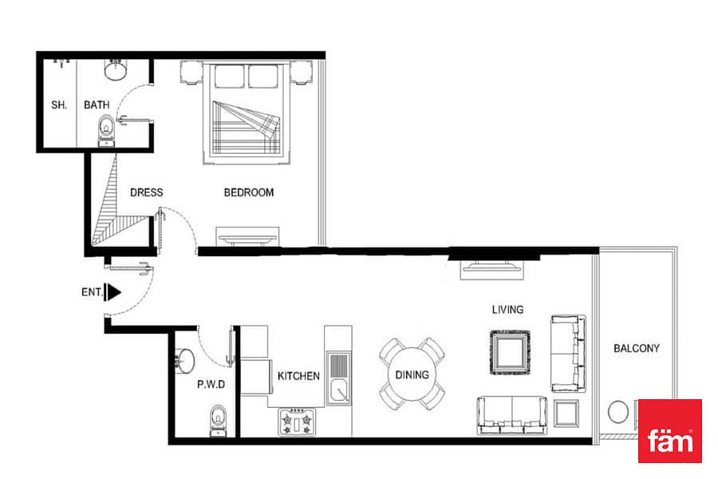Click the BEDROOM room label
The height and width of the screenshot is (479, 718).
[x=249, y=192]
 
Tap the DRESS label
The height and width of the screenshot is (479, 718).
[x=147, y=192]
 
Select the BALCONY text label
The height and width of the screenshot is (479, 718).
[x=637, y=348]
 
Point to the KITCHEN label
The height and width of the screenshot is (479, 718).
[x=298, y=376]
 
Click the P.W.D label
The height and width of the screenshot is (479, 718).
[x=211, y=384]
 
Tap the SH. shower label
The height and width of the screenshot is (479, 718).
[x=59, y=105]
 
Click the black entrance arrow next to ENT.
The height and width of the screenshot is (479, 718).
[x=112, y=292]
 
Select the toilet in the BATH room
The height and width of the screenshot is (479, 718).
[x=107, y=131]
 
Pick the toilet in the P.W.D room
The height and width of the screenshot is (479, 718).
[x=218, y=421]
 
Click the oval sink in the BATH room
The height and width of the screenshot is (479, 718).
[x=116, y=69]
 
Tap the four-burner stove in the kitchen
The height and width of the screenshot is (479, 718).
[x=297, y=422]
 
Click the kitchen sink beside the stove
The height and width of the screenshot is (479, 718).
[x=338, y=378]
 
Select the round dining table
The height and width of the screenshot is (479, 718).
[x=412, y=374]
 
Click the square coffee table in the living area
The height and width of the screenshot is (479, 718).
[x=510, y=353]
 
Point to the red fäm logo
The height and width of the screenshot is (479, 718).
[x=670, y=431]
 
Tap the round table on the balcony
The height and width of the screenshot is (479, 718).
[x=618, y=412]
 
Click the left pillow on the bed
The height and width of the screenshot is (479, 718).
[x=229, y=76]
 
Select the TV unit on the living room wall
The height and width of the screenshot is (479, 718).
[x=491, y=269]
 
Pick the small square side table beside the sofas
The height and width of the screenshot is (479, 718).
[x=566, y=413]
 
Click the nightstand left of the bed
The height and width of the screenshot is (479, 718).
[x=191, y=73]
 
